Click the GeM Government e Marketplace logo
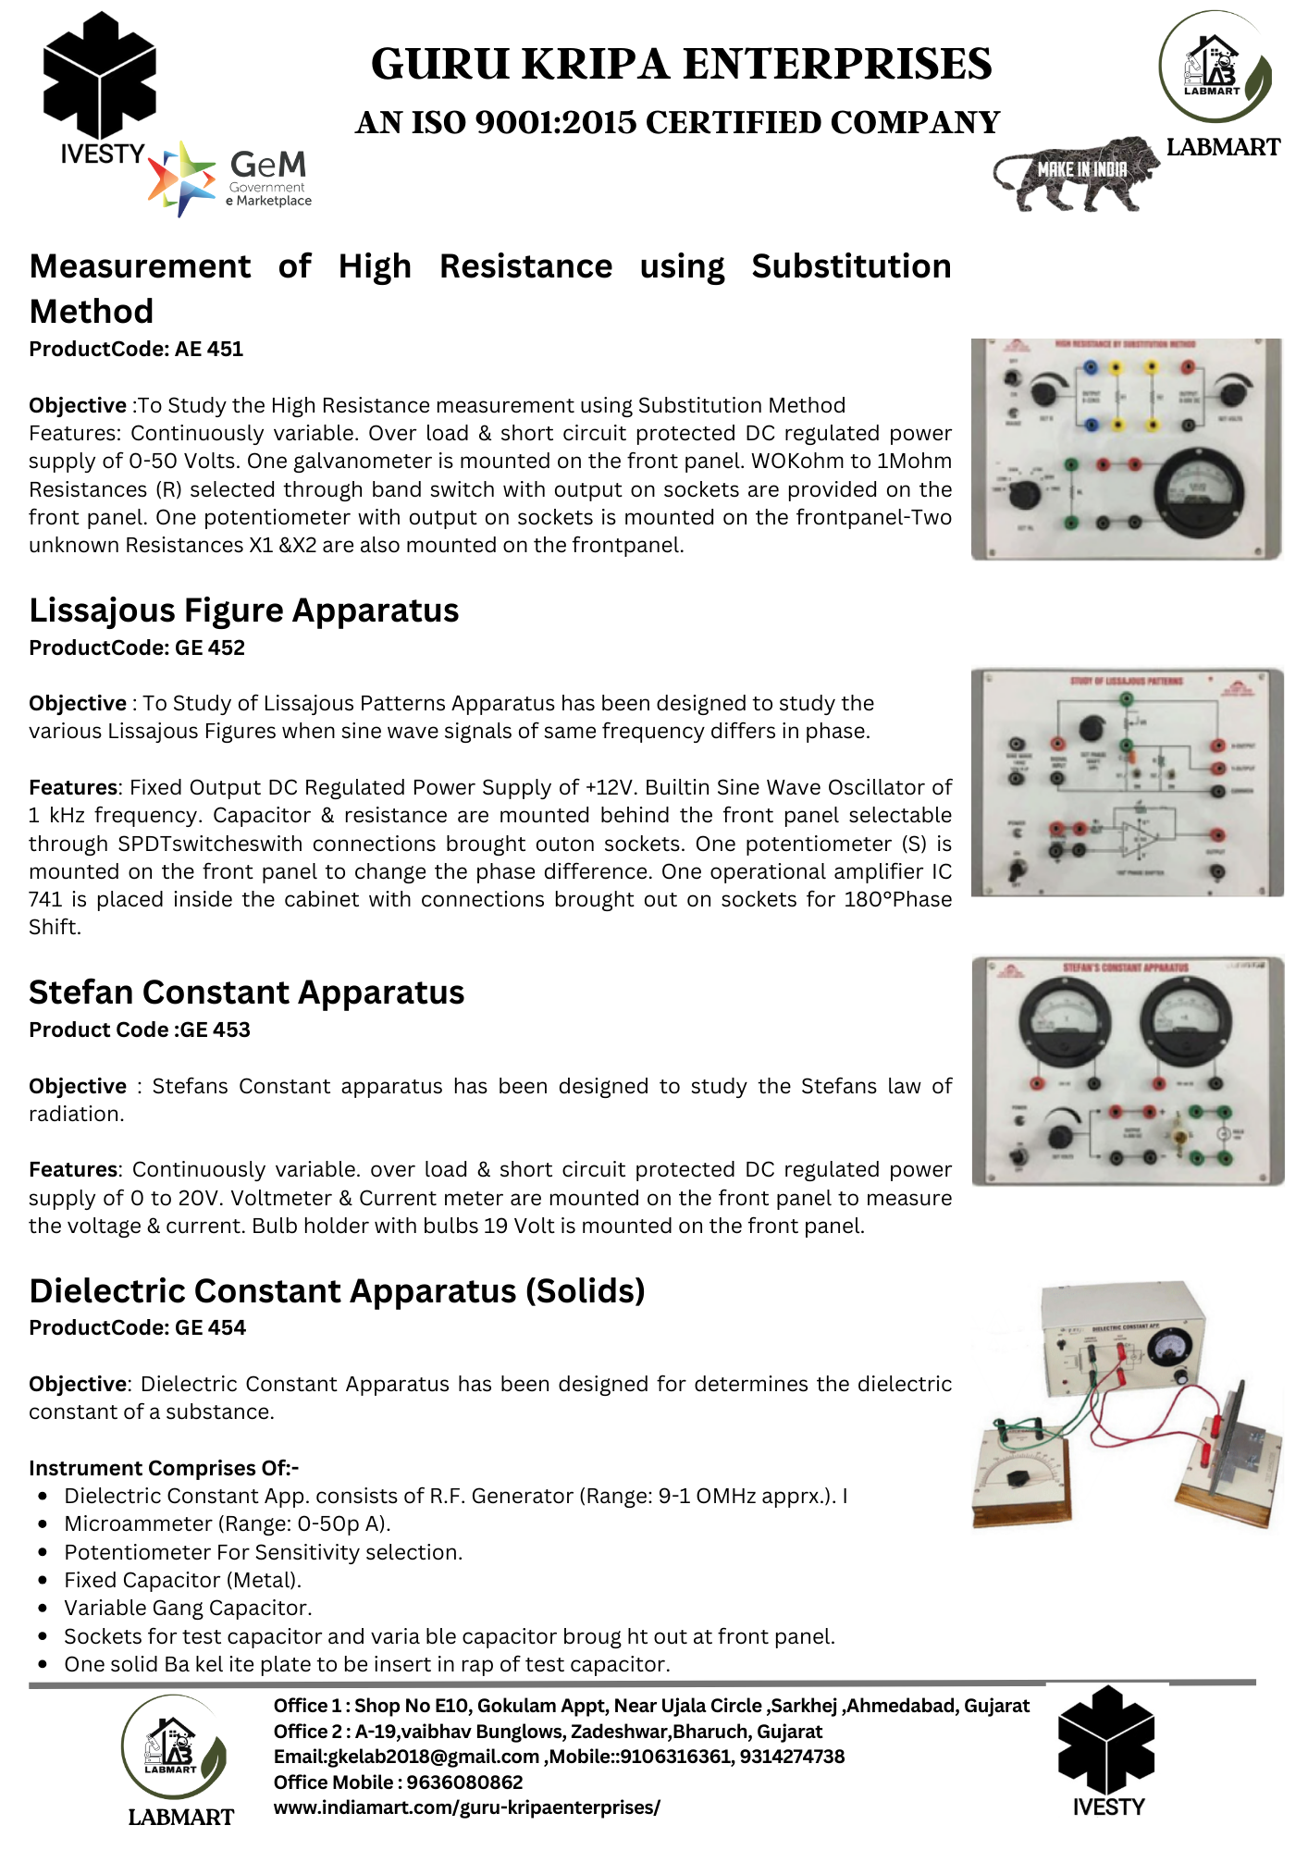[231, 179]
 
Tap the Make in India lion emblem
[1076, 174]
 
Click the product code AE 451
[136, 350]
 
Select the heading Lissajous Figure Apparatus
[244, 610]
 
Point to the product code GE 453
[140, 1030]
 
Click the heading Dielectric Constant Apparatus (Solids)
[337, 1290]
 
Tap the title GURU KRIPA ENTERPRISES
[682, 65]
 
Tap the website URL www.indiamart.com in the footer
[467, 1807]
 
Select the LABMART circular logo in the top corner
[1215, 67]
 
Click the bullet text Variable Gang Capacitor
[188, 1608]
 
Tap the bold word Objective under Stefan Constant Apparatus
[78, 1086]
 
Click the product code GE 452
[137, 647]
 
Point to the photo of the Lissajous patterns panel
[1127, 783]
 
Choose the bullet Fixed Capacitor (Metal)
[182, 1580]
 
